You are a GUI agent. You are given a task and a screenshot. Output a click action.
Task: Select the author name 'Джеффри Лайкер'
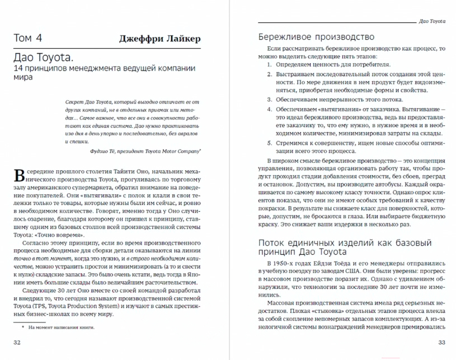[x=159, y=39]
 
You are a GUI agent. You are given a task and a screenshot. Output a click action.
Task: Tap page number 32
[x=17, y=343]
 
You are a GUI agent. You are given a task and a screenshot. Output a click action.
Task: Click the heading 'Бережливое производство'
[x=316, y=37]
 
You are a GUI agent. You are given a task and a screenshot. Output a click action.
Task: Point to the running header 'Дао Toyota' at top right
[x=432, y=20]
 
